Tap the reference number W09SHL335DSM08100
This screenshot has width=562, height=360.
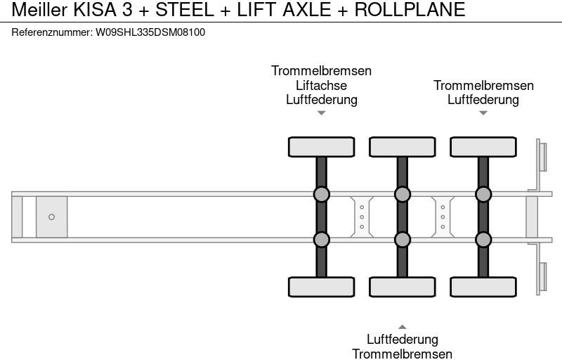pyautogui.click(x=150, y=32)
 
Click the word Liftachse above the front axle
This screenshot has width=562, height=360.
pyautogui.click(x=321, y=85)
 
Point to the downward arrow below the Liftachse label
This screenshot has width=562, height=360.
pyautogui.click(x=321, y=113)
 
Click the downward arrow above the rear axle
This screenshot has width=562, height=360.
pyautogui.click(x=483, y=113)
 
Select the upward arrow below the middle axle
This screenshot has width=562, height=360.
pyautogui.click(x=402, y=326)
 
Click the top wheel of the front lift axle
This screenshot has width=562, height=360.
pyautogui.click(x=321, y=146)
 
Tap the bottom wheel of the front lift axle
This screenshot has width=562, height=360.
pyautogui.click(x=321, y=287)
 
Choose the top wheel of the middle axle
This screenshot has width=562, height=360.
pyautogui.click(x=402, y=146)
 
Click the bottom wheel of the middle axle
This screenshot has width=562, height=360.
pyautogui.click(x=402, y=287)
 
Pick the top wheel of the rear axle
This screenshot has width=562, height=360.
pyautogui.click(x=483, y=146)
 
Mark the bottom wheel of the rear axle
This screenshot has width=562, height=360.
pyautogui.click(x=483, y=287)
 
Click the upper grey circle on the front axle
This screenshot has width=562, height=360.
pyautogui.click(x=321, y=194)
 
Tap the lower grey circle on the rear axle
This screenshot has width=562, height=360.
pyautogui.click(x=483, y=240)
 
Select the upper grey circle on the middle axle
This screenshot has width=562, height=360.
pyautogui.click(x=402, y=194)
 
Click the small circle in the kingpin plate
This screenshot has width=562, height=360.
pyautogui.click(x=51, y=217)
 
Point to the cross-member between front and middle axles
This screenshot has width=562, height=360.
pyautogui.click(x=362, y=217)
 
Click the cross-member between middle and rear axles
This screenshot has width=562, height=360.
pyautogui.click(x=443, y=217)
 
